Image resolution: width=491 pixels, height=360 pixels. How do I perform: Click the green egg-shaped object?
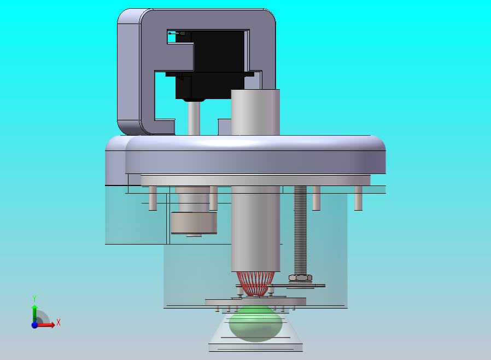click(x=255, y=323)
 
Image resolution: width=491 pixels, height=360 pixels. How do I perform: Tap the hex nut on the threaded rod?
click(x=300, y=277)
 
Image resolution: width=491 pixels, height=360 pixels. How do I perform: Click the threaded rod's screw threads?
click(x=300, y=230)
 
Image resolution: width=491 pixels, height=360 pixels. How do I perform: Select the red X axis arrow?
click(x=46, y=325)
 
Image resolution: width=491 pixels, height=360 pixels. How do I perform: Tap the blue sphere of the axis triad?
click(x=34, y=325)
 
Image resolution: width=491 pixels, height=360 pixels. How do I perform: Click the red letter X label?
click(x=59, y=322)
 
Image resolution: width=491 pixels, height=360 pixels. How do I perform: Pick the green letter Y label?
click(x=34, y=298)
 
